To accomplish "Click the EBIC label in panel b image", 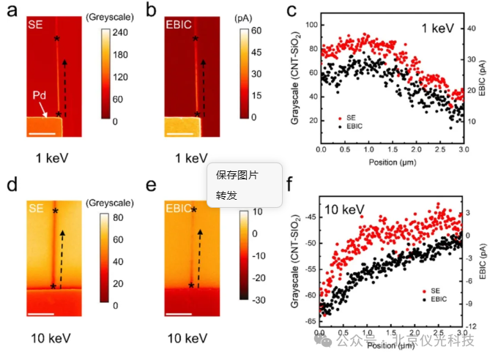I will [177, 24].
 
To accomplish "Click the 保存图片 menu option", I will [237, 175].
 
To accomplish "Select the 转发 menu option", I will [226, 195].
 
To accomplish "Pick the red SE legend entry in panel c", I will [348, 117].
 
